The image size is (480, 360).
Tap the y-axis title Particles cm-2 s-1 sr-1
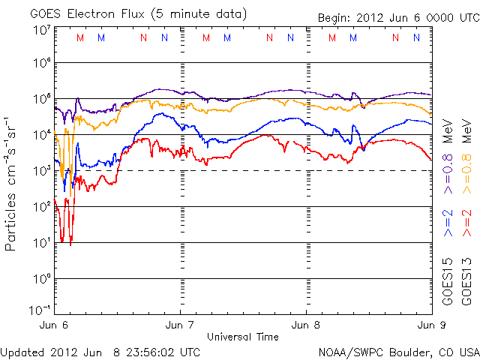pos(13,183)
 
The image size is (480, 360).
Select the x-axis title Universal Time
pos(242,337)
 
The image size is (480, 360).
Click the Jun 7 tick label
pos(181,326)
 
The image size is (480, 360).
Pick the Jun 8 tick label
pos(306,326)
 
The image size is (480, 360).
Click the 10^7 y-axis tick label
pos(41,31)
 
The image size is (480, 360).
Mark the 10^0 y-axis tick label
pos(41,279)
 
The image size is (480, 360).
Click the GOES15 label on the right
pos(448,281)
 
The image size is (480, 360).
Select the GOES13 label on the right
pos(466,281)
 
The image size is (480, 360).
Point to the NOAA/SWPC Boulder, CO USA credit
pos(398,352)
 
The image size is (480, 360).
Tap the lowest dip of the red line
pos(70,244)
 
